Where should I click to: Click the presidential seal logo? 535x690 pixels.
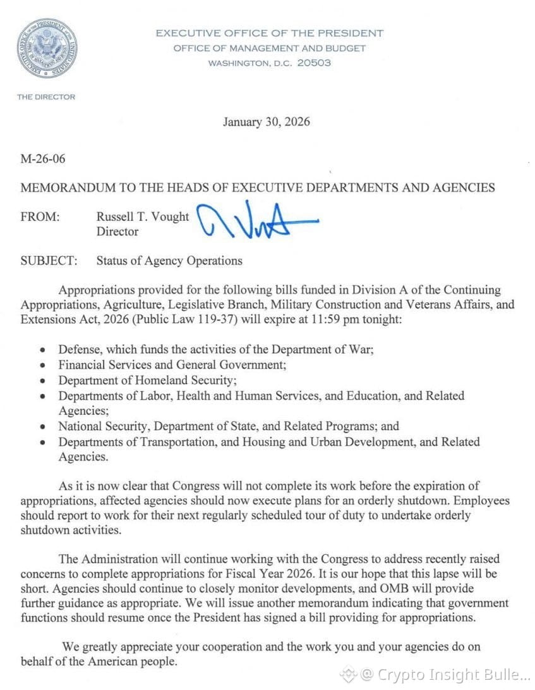pos(47,48)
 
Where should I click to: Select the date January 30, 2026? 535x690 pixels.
pos(266,121)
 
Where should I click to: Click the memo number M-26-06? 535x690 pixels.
pos(43,158)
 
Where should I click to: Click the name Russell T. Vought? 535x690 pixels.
pos(142,217)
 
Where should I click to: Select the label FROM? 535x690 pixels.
pos(40,217)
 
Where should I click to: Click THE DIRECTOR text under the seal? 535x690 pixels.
pos(46,97)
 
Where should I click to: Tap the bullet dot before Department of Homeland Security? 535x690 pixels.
pos(42,381)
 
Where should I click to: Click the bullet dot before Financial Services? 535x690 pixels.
pos(42,366)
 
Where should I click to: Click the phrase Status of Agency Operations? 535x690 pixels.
pos(169,260)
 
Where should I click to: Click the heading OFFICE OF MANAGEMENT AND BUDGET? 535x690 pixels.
pos(270,48)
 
